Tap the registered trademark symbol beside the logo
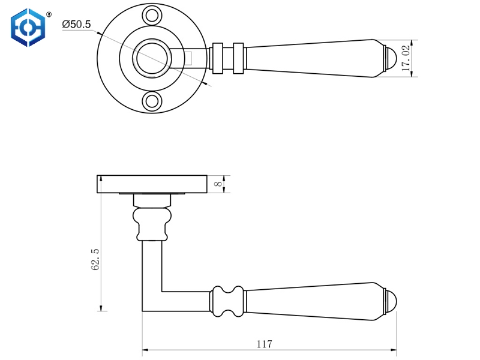[x=49, y=13]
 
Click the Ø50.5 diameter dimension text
[x=76, y=25]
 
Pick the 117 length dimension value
[x=264, y=344]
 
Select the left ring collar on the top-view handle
[x=218, y=58]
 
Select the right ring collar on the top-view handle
[x=239, y=58]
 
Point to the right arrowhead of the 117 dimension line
[x=394, y=349]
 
